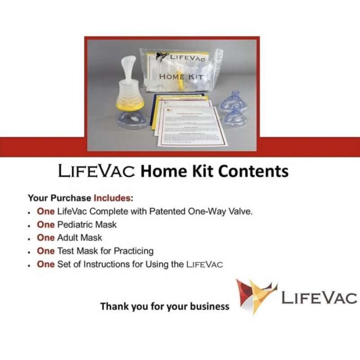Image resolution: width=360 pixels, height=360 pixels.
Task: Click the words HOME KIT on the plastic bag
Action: click(181, 76)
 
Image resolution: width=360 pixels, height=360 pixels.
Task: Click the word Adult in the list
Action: click(67, 237)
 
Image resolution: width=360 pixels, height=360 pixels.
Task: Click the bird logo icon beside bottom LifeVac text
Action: click(254, 295)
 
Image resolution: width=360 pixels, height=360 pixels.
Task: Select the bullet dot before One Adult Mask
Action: click(29, 238)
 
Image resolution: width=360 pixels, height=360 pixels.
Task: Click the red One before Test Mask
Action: click(45, 251)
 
